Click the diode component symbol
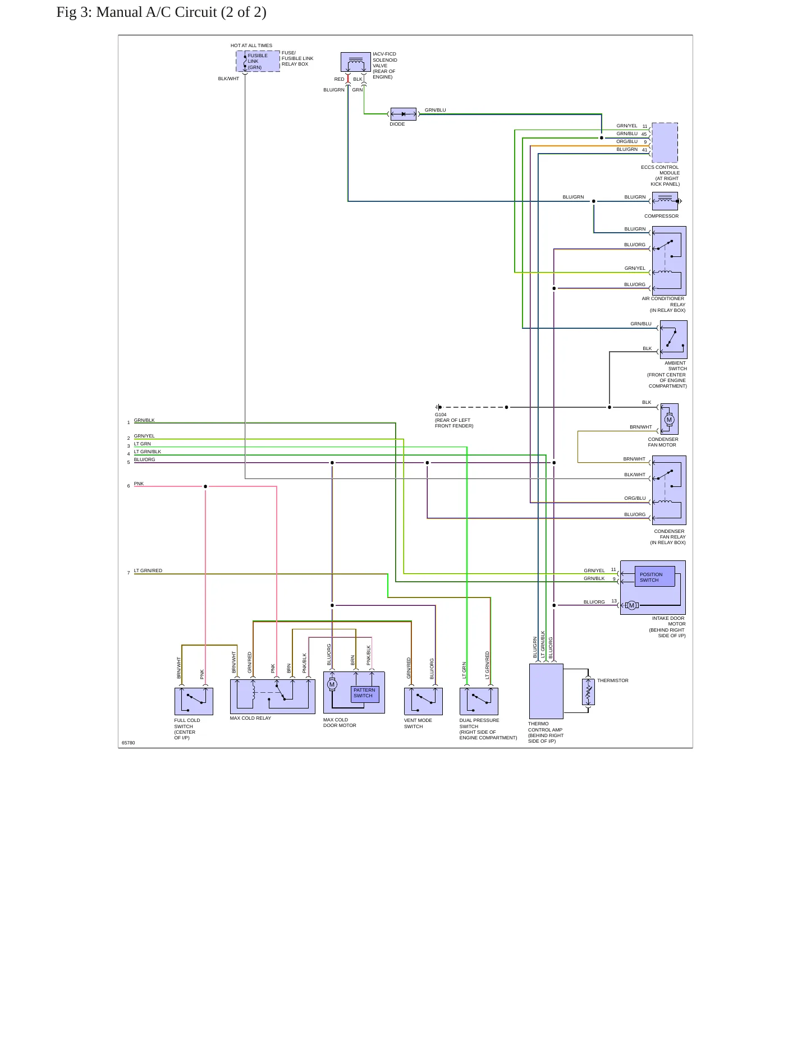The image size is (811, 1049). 404,114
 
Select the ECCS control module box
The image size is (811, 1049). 665,142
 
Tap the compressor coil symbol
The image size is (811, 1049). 665,201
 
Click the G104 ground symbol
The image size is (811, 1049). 439,407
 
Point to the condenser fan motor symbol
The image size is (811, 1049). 669,419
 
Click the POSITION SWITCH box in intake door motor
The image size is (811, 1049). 654,577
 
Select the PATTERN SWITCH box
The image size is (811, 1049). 365,694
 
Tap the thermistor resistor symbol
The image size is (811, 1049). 588,692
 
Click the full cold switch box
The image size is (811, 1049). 194,701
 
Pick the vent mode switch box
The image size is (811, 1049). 423,701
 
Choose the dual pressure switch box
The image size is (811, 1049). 479,701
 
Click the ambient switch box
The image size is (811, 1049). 673,339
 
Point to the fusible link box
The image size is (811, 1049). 258,61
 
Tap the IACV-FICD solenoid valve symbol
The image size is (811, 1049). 356,62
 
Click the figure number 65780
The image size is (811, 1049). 129,743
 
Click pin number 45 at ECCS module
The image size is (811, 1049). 644,134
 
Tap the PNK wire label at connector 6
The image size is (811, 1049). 139,484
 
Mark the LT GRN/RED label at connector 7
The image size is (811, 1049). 148,570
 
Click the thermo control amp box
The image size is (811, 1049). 546,691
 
